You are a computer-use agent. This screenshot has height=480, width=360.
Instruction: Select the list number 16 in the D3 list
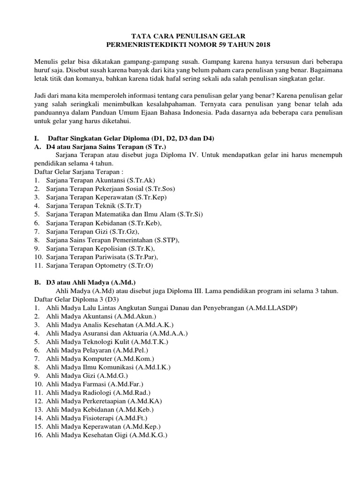[38, 435]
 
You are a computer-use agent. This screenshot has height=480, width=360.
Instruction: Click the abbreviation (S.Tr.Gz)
[127, 231]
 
